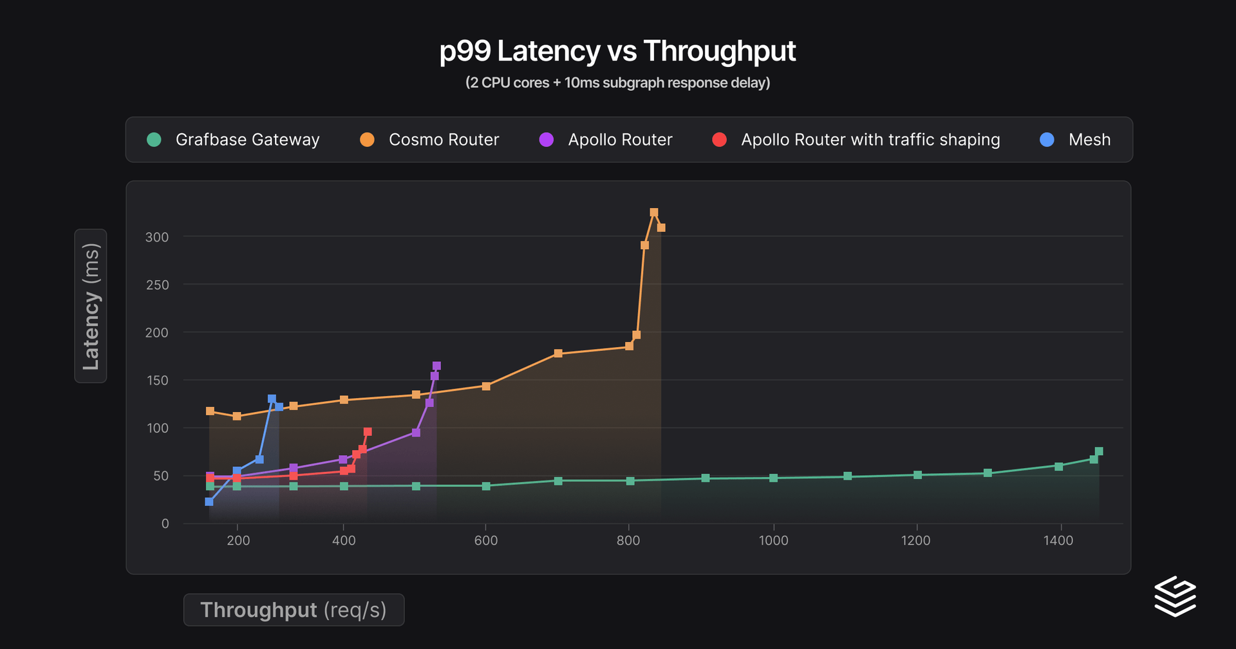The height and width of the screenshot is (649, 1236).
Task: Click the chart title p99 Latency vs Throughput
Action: coord(617,52)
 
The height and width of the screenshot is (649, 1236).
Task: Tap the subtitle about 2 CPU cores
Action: coord(617,83)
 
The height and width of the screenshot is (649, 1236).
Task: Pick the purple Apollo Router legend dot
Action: coord(546,140)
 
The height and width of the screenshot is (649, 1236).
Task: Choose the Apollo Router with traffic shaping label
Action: coord(870,140)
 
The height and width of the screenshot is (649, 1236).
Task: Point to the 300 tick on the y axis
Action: coord(157,237)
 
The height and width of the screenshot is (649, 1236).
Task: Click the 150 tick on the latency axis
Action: coord(158,381)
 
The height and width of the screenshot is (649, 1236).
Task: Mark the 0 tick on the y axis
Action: coord(165,523)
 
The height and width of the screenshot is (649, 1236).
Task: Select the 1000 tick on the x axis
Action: coord(773,540)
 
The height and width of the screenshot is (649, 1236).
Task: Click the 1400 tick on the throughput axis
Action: coord(1058,540)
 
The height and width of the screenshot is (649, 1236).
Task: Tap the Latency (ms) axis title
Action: coord(91,306)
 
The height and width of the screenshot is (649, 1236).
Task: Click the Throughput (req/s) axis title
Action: coord(294,610)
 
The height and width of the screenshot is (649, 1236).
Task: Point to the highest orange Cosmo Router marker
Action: coord(654,212)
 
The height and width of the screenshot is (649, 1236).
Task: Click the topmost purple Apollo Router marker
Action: coord(436,366)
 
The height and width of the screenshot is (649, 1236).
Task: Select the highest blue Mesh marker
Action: coord(272,399)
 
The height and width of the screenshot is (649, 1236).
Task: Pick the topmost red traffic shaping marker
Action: coord(368,432)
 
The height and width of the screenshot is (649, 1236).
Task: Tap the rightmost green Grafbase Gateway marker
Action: coord(1099,451)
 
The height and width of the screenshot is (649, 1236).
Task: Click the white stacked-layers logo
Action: coord(1175,596)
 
